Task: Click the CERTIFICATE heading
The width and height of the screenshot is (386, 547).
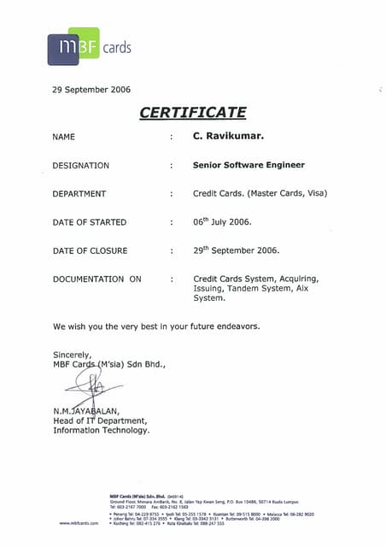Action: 192,112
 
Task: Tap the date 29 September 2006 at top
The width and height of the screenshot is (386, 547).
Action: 91,90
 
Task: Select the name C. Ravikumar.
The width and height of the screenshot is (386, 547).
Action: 228,136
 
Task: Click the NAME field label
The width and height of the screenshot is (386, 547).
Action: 64,137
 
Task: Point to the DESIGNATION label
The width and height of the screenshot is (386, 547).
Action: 81,165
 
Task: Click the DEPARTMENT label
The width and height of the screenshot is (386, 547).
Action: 79,194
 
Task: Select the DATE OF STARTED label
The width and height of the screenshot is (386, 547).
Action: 90,222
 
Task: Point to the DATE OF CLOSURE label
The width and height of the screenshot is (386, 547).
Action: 90,251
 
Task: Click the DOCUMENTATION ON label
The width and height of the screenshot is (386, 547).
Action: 96,279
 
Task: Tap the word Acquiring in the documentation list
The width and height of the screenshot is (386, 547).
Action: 299,279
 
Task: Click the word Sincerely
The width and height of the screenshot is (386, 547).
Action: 72,355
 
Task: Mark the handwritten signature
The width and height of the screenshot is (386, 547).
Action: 90,389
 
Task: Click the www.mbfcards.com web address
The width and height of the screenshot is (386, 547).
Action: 79,522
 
